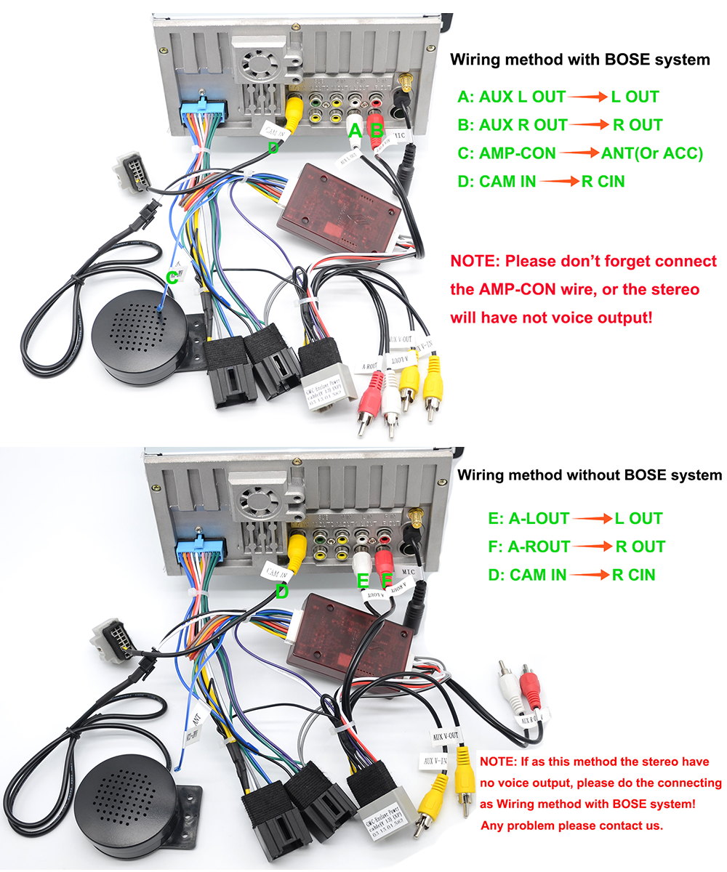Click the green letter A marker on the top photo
(356, 131)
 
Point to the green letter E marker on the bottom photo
(363, 580)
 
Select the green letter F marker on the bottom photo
(387, 580)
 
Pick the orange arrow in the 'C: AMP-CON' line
(578, 153)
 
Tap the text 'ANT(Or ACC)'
(652, 153)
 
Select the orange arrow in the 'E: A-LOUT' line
(590, 519)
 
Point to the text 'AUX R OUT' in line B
(523, 125)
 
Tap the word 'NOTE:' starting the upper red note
(474, 261)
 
